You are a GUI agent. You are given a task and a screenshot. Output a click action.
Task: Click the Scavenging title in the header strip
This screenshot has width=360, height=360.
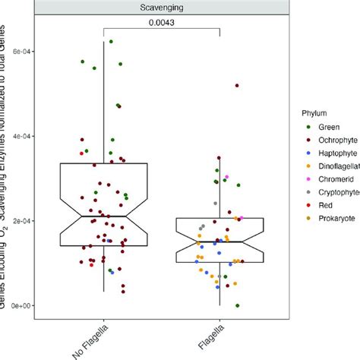click(x=161, y=7)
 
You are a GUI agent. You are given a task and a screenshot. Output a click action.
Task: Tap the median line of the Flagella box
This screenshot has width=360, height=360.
click(x=220, y=242)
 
